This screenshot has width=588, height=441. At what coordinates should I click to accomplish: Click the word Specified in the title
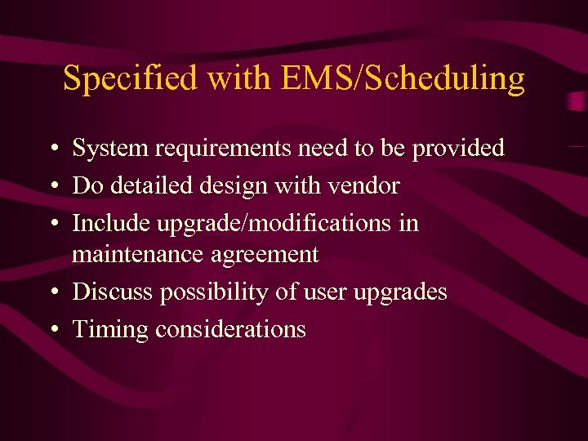click(x=130, y=78)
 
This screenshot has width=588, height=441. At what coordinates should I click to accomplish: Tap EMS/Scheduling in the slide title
click(x=403, y=78)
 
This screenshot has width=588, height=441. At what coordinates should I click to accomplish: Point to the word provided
click(x=458, y=149)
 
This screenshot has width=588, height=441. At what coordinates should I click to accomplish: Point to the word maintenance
click(x=138, y=255)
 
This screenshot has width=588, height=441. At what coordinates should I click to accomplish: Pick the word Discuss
click(x=113, y=292)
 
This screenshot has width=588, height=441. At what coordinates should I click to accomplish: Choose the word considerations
click(x=230, y=329)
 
